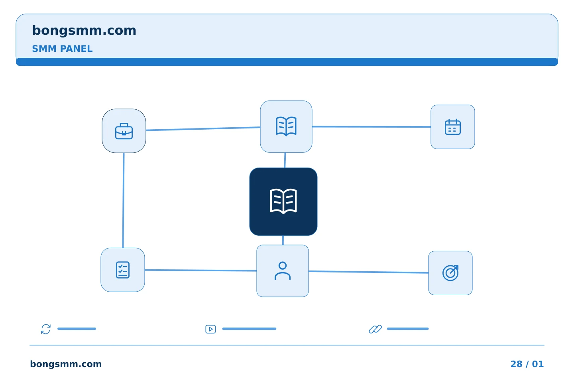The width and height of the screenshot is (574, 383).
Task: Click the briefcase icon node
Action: tap(124, 131)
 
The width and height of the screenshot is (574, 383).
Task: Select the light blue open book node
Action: tap(286, 126)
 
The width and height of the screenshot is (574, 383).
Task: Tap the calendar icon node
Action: tap(452, 127)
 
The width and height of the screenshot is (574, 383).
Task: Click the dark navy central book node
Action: tap(283, 201)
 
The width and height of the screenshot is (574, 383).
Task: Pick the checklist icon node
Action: tap(123, 270)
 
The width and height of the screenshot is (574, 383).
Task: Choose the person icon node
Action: tap(282, 271)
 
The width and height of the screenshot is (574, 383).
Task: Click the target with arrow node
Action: tap(450, 273)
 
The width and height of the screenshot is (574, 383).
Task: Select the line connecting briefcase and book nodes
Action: tap(203, 128)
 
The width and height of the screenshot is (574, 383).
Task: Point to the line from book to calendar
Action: tap(372, 127)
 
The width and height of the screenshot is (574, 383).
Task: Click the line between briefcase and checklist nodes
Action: tap(123, 200)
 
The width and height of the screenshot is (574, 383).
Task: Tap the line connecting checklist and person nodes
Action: tap(201, 270)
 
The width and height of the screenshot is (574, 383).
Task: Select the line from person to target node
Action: tap(368, 272)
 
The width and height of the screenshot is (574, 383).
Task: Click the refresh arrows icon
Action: tap(46, 329)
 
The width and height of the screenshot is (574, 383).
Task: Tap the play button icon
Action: tap(210, 329)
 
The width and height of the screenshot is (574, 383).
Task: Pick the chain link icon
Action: tap(375, 329)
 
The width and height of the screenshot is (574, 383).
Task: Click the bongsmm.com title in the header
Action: tap(84, 31)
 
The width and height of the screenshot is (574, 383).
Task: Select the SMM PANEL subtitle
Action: tap(62, 49)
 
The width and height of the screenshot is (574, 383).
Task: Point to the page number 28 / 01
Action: tap(527, 364)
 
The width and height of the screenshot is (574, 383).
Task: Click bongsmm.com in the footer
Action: tap(66, 364)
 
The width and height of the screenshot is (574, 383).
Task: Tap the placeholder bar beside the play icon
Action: tap(249, 329)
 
